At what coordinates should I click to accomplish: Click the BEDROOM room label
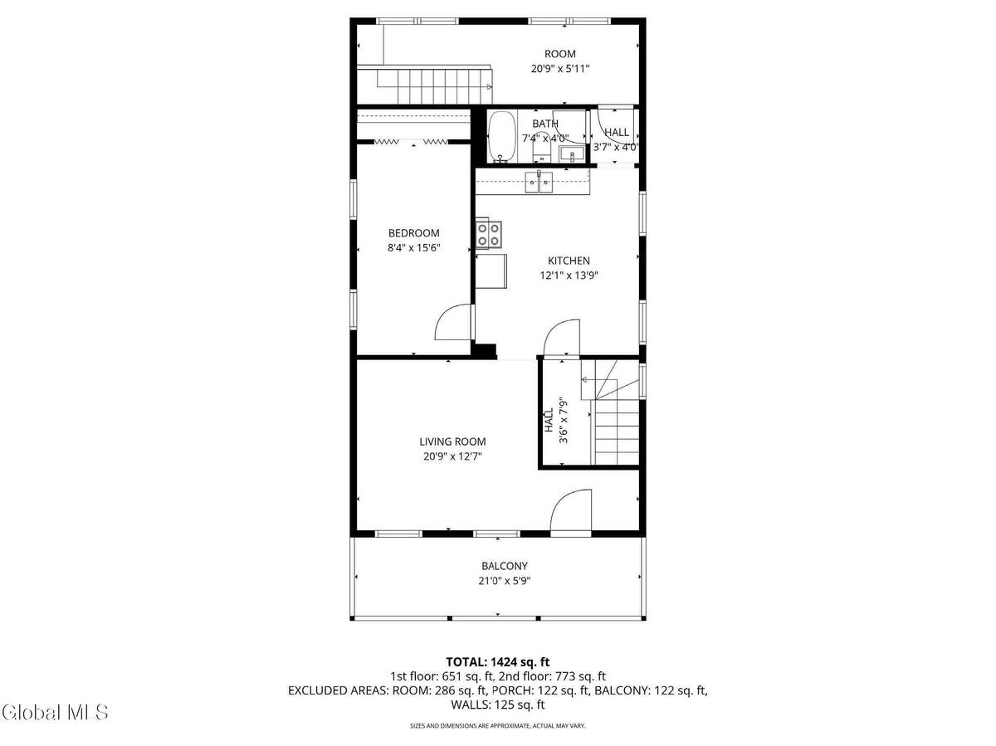click(x=413, y=233)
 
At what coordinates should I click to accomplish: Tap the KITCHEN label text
click(x=569, y=261)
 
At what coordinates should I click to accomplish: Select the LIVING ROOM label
click(x=452, y=442)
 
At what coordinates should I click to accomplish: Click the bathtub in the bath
click(x=501, y=137)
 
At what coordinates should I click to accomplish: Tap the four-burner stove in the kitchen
click(x=488, y=233)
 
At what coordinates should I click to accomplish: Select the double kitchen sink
click(x=539, y=182)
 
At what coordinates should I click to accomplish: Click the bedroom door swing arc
click(x=453, y=322)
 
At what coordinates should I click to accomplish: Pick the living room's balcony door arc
click(x=570, y=510)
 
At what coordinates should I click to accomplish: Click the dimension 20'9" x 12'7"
click(x=452, y=456)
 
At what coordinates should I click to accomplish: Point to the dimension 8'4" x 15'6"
click(x=413, y=247)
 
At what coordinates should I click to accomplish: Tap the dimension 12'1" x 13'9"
click(x=569, y=275)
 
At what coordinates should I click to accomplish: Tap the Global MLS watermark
click(x=55, y=712)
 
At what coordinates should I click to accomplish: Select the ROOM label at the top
click(x=560, y=54)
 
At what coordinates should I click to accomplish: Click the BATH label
click(x=545, y=124)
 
